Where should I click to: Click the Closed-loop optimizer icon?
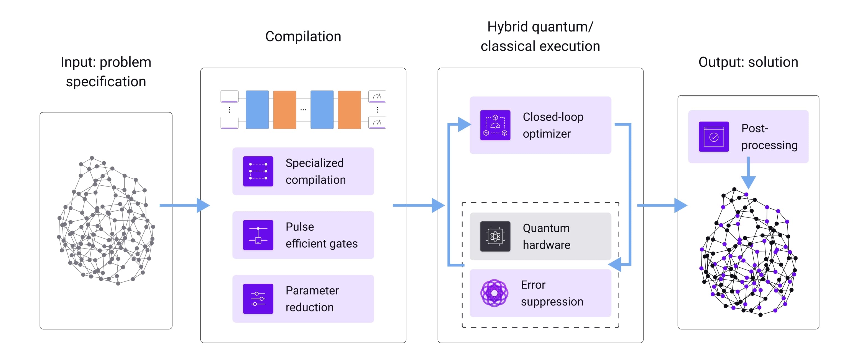(x=495, y=125)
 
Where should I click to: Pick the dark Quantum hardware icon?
(x=495, y=236)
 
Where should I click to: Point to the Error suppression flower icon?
(x=494, y=293)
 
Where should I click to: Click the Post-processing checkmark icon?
(x=714, y=137)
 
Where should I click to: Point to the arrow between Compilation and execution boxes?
(x=418, y=205)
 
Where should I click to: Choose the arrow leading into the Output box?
(x=662, y=205)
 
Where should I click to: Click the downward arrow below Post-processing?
(x=748, y=175)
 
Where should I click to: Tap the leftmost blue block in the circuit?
(x=257, y=109)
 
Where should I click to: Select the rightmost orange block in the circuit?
(x=349, y=109)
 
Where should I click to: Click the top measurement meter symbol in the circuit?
(x=377, y=96)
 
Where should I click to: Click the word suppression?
(x=552, y=302)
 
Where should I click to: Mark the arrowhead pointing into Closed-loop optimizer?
(x=464, y=124)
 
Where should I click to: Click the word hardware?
(x=546, y=245)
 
